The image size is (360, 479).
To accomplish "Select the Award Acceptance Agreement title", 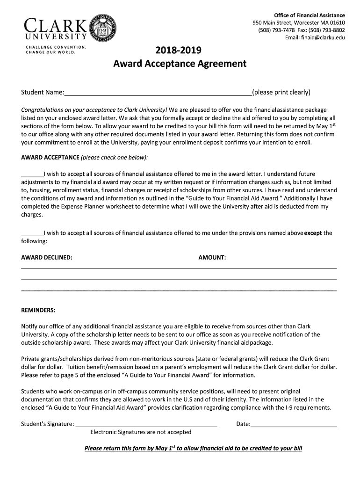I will (x=180, y=63).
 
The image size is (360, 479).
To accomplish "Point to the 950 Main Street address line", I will (x=299, y=23).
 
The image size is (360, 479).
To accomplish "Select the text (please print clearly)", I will (x=281, y=92).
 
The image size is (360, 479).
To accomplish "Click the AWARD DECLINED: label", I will (x=47, y=257).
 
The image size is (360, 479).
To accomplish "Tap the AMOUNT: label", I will (x=212, y=257).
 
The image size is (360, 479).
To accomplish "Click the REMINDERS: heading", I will (x=38, y=310).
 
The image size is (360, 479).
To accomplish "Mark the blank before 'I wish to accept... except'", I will (x=32, y=233).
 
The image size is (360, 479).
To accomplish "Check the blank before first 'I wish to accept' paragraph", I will (x=32, y=174).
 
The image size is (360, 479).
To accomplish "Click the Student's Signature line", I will (x=146, y=424).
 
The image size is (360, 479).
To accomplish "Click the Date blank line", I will (x=294, y=424).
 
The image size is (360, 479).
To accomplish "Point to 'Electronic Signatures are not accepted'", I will (x=141, y=432).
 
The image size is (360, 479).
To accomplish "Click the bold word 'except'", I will (x=313, y=233).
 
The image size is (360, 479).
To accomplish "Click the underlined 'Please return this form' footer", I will (x=193, y=448).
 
